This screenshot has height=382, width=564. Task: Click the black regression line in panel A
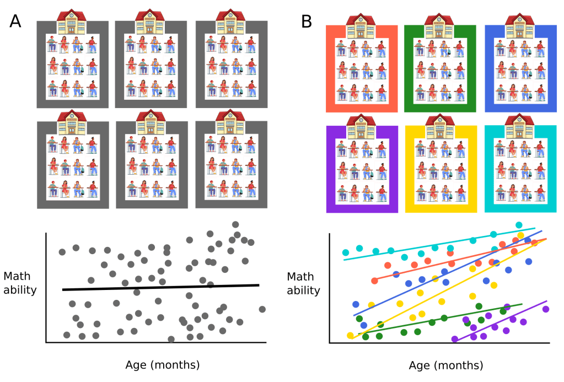[x=160, y=287]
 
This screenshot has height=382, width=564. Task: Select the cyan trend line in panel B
[x=441, y=243]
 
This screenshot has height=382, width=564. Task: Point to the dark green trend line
[x=441, y=319]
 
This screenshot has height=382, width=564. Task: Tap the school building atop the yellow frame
[x=439, y=126]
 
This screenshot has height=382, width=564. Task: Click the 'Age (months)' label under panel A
[x=163, y=364]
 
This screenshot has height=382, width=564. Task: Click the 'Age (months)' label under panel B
[x=446, y=365]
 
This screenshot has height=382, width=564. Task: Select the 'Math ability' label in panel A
[x=20, y=282]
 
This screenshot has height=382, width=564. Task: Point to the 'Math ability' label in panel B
[x=303, y=283]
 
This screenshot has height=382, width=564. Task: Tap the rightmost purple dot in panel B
[x=546, y=309]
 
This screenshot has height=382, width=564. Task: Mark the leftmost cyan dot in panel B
[x=346, y=252]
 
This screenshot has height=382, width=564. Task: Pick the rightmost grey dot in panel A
[x=262, y=309]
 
